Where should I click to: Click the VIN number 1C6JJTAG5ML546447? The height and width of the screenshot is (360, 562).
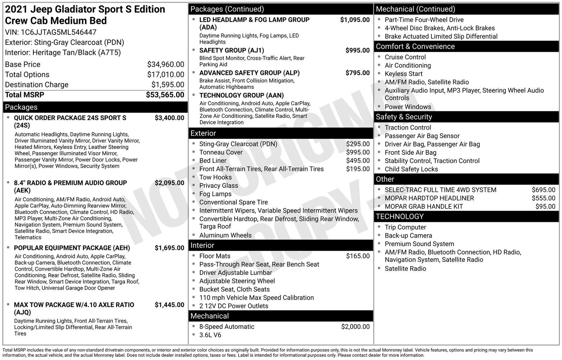coord(59,32)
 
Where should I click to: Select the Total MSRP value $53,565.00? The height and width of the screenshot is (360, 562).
coord(165,95)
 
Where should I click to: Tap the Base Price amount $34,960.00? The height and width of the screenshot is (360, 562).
coord(165,64)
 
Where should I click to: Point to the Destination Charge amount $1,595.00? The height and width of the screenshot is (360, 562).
coord(168,85)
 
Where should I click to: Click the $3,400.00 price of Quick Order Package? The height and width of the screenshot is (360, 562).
coord(169,118)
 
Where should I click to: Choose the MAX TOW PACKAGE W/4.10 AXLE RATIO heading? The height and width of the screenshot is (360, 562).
coord(74,305)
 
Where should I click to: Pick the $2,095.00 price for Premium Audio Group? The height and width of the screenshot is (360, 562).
coord(169,183)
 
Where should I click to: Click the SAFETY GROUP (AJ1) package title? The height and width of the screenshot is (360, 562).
coord(231,50)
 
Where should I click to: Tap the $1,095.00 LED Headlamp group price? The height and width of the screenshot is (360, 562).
coord(355,20)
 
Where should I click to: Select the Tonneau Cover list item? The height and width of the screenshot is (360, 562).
coord(221,152)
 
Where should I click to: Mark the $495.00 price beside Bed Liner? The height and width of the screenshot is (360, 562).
coord(358,161)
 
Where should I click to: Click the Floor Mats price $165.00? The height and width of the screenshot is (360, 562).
coord(358,256)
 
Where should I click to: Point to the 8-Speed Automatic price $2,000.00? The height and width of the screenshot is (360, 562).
coord(355,327)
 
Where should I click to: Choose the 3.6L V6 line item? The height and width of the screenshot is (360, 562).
coord(210,335)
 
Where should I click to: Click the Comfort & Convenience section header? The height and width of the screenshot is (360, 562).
coord(415,46)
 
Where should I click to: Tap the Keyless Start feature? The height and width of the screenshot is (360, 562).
coord(403,74)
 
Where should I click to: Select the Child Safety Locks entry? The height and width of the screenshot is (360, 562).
coord(411,169)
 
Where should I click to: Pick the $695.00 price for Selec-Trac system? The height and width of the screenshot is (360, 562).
coord(543,190)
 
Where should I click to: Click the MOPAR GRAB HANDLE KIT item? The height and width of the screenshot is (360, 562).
coord(424,207)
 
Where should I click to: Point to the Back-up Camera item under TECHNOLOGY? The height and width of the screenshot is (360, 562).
coord(408,236)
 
